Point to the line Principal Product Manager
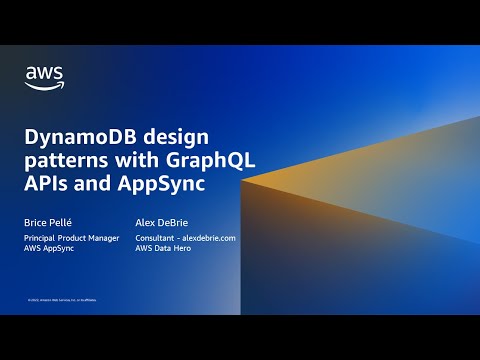pyautogui.click(x=72, y=238)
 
